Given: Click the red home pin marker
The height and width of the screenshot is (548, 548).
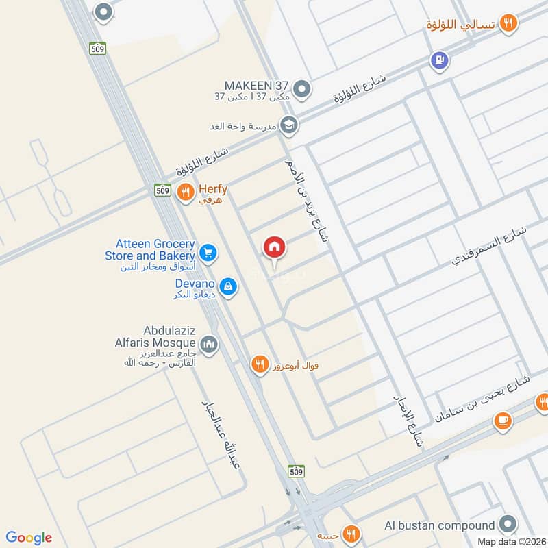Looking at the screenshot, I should (274, 247).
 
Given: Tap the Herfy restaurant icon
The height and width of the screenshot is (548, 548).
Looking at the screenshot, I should (184, 193).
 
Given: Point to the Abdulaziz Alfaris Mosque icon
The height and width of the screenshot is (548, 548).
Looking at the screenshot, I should (210, 343).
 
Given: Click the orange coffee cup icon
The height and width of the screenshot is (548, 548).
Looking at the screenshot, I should (503, 421).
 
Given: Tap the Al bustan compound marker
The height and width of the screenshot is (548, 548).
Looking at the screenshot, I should (507, 525).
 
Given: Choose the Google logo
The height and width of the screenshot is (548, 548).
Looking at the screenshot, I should (29, 538).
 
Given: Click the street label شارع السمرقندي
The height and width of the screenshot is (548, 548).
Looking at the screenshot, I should (490, 245).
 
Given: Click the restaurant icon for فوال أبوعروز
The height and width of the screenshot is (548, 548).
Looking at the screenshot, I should (258, 364).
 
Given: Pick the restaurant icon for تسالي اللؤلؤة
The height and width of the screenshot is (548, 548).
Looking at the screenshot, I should (508, 24).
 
